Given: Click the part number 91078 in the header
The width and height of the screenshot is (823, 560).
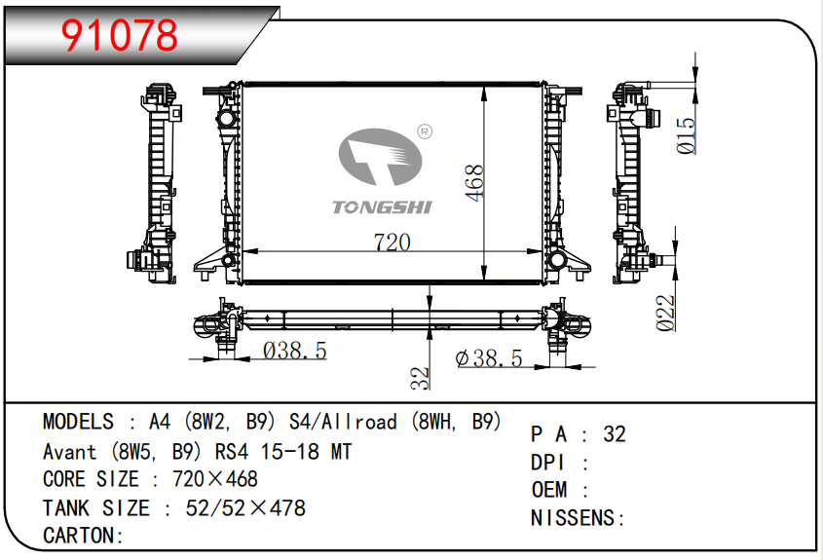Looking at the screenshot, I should pos(120,36).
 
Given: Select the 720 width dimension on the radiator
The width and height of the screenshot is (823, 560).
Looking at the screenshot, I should pos(392,242).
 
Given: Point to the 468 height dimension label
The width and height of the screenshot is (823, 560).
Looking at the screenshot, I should pos(474,182).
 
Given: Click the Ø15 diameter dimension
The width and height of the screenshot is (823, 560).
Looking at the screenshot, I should pos(687,135).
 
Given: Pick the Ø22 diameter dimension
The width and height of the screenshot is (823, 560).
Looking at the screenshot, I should pos(666,314).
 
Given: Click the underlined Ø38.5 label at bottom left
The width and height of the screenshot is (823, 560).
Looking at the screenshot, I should pos(294,351).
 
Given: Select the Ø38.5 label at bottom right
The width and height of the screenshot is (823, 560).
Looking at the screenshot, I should pos(489,358).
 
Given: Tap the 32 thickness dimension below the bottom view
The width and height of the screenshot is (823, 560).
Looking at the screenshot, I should pos(420,378).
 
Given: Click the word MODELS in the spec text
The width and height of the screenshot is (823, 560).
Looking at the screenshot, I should pos(78,422).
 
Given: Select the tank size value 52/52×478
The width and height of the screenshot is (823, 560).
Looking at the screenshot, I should pos(245,507).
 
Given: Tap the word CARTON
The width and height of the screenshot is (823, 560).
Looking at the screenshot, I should pos(78,535).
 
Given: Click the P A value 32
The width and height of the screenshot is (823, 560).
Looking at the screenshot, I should pos(615,434).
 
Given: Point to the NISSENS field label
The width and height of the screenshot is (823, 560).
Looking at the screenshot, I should pos(573,517).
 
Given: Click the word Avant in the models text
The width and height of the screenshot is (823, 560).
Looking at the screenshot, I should pos(69,451).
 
